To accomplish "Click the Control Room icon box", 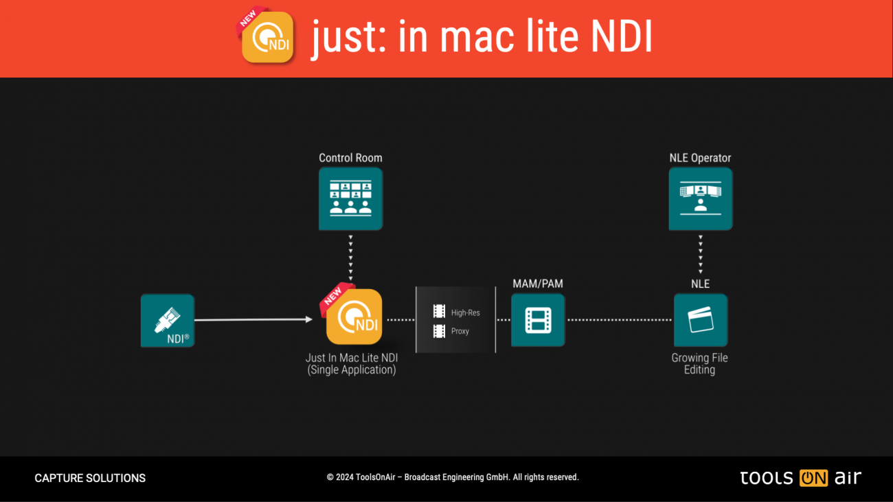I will pos(350,198).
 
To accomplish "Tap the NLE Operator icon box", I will pos(700,198).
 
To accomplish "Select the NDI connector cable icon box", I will pos(168,320).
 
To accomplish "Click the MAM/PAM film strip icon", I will pos(538,320).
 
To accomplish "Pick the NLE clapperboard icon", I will pos(700,320).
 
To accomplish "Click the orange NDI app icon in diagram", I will pos(354,317).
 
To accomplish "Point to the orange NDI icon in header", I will pos(268,38).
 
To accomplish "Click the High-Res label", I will pos(465,312).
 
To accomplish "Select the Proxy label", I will pos(460,331).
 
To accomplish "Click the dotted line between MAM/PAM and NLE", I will pos(619,320).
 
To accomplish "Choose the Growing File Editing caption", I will pos(699,364).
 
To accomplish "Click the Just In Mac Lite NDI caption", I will pos(352,364).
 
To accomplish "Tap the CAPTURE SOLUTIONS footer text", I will pos(90,478).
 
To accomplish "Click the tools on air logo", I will pos(800,478).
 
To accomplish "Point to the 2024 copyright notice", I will pos(453,477).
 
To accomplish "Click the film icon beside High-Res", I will pos(439,312).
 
